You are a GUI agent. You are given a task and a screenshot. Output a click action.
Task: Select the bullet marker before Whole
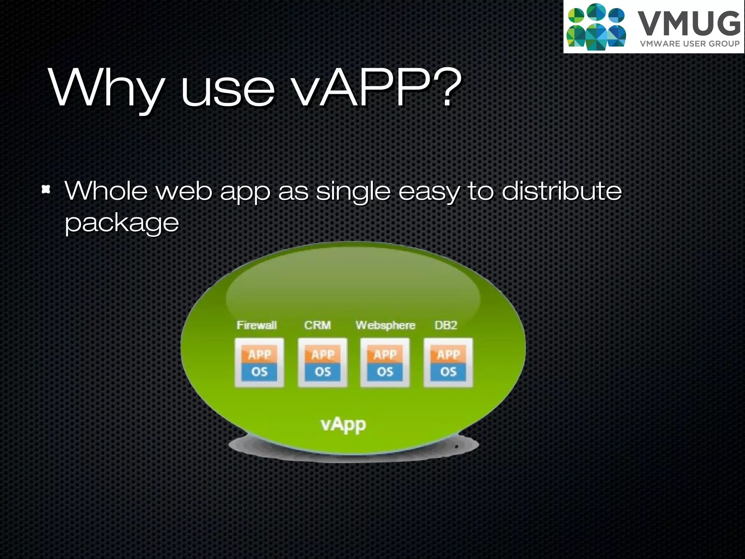pos(46,189)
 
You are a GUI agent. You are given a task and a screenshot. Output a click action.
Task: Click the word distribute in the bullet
pos(562,191)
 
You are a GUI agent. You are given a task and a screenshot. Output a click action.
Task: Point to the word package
pos(122,223)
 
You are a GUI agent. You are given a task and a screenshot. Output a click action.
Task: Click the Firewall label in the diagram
pos(257,325)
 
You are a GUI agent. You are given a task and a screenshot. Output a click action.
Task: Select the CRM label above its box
pos(318,325)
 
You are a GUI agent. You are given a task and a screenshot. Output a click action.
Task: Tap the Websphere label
pos(385,325)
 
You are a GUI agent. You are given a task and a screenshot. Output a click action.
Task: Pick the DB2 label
pos(446,325)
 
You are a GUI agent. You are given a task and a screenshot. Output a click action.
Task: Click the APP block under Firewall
pos(259,354)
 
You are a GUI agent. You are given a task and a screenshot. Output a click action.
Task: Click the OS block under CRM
pos(323,372)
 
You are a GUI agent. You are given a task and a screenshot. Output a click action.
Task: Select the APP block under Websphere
pos(385,354)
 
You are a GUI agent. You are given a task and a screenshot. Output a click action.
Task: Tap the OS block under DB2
pos(448,372)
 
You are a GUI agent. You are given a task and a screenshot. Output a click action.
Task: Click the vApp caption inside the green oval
pos(343,425)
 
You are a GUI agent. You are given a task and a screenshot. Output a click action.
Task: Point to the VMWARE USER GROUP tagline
pos(690,44)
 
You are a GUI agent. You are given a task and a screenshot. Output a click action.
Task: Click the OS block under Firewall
pos(259,372)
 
